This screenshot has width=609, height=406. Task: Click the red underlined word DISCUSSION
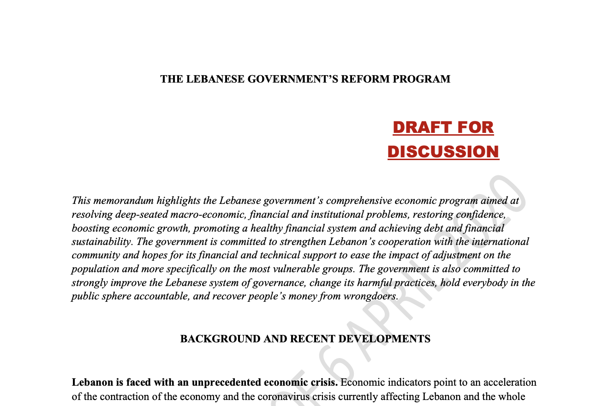tap(443, 152)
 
